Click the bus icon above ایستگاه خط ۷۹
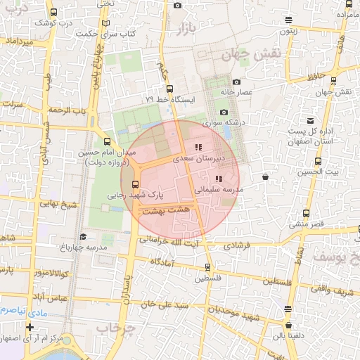pos(169,89)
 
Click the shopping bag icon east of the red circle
pos(264,178)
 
